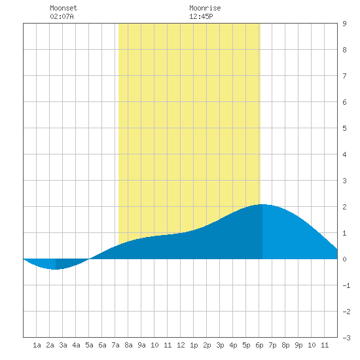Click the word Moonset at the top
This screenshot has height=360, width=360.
point(63,8)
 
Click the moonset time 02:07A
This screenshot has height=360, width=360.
point(62,16)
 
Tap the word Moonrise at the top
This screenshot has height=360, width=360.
point(205,8)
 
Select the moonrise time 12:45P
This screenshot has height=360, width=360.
point(201,16)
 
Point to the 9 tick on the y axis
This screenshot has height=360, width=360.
point(344,24)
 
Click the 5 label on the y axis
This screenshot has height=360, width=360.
point(344,128)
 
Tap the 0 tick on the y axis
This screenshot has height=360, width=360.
point(344,259)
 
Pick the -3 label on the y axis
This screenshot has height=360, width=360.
point(346,338)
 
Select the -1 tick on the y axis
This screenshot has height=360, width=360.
point(346,285)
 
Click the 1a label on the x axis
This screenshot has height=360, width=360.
point(37,345)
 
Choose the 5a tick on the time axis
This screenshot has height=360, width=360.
point(89,345)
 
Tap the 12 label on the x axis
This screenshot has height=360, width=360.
point(181,345)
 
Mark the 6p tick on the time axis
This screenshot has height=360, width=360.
point(259,345)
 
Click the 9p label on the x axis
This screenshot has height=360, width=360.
point(298,345)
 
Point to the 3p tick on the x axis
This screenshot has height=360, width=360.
point(220,345)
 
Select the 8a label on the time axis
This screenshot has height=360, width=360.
point(128,345)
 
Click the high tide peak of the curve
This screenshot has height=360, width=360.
point(262,204)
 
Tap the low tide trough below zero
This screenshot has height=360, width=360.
point(56,269)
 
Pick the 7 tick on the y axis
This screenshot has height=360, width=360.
point(344,76)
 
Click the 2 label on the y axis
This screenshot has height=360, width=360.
point(344,207)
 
